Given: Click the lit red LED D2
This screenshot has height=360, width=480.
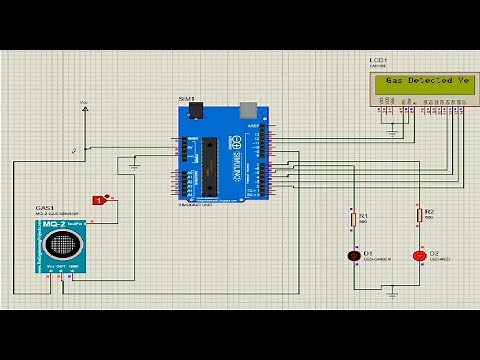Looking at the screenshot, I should coord(418,256).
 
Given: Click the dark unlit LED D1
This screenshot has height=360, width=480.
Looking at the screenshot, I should coord(352,256).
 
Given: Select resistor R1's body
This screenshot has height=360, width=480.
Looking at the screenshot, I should coord(352,219).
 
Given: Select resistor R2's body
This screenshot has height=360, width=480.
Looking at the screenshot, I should coord(418,216).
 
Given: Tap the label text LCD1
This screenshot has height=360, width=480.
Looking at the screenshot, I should coord(377,60).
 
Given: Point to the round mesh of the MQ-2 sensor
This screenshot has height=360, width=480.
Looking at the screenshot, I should coord(66,242).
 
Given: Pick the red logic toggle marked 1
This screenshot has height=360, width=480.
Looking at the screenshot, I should coord(99,200).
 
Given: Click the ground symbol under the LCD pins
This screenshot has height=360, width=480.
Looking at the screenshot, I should coord(393,131).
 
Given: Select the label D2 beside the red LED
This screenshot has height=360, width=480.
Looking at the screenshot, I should coord(434,253).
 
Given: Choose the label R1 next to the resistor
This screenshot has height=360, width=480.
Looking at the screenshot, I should coord(364,215).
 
